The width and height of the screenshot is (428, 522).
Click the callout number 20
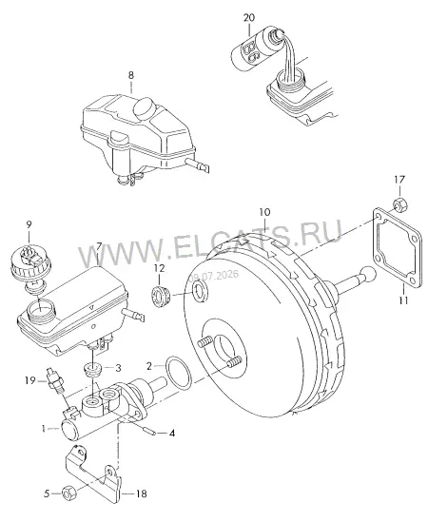coord(249,17)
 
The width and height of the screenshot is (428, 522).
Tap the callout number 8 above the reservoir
coord(131,75)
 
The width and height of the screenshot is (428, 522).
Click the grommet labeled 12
coord(162,296)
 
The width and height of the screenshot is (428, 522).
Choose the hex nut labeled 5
coord(69,493)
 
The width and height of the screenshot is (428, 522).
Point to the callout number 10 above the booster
coord(264,212)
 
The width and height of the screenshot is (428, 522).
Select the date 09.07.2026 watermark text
coord(215,276)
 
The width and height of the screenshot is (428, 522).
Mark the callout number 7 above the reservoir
coord(99,246)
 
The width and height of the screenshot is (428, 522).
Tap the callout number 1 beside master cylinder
coord(44,429)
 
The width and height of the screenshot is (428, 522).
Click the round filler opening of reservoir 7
coord(40,309)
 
